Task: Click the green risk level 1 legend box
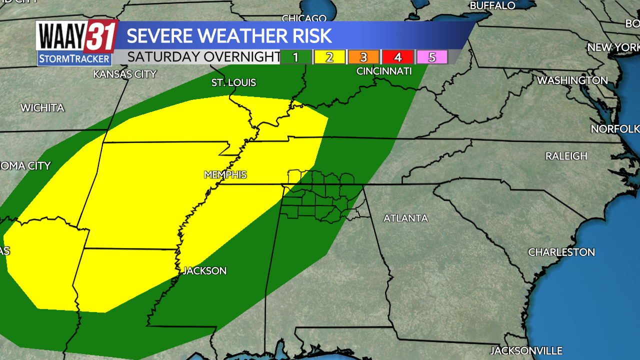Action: point(296,57)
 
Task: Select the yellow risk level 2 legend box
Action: point(329,57)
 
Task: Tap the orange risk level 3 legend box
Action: point(363,57)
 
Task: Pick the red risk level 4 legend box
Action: point(397,57)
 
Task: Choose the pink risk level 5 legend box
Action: point(431,57)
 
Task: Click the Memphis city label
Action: point(225,175)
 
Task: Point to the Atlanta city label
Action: point(405,218)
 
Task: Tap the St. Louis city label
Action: point(233,82)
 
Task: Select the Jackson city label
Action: point(204,271)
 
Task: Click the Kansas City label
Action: point(125,74)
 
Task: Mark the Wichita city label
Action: point(42,108)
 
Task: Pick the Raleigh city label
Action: point(566,156)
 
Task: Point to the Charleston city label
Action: point(561,252)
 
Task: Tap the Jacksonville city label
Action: point(526,350)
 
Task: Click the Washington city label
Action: point(572,80)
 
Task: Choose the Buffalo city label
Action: point(492,5)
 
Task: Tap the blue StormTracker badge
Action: point(74,59)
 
